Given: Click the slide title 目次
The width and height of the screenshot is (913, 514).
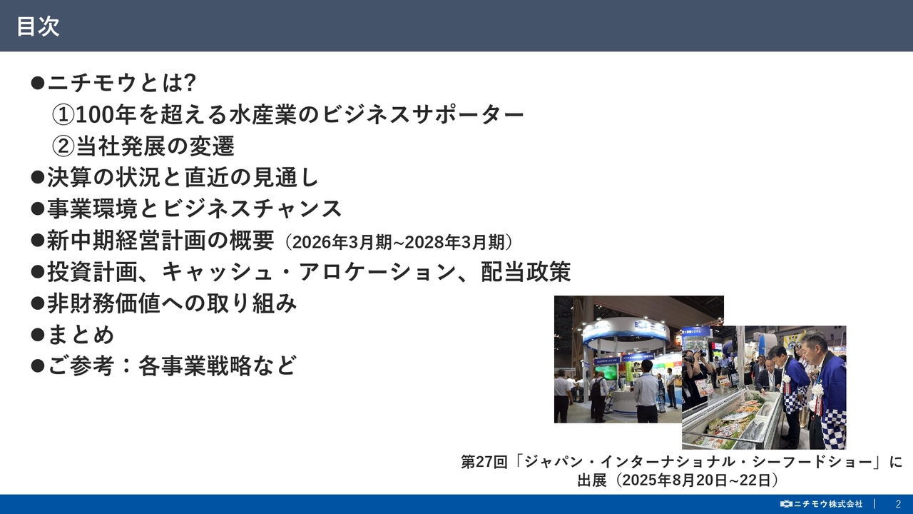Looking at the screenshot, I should point(38,26).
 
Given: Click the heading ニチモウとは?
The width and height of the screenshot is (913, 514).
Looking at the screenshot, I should point(121,83).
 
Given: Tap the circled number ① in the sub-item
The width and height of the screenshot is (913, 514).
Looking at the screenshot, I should point(63,114).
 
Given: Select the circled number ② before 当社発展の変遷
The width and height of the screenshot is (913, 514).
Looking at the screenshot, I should point(63,146).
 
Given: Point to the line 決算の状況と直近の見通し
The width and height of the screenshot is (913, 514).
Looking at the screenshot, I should point(183,177).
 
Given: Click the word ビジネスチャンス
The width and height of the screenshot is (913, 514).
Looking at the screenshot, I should point(253,209).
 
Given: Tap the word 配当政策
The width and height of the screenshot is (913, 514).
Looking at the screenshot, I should point(526,272).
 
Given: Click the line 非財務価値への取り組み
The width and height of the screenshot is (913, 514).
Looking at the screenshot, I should point(172,303).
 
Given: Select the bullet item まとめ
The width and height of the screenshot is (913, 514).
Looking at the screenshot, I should point(81,334).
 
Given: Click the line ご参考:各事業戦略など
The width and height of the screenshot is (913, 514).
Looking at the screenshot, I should point(171,366).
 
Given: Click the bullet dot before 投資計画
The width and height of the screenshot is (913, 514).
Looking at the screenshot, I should point(38,272).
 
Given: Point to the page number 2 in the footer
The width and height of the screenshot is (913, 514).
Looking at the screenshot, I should point(898,504).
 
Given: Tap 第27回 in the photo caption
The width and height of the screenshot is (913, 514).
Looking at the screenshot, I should point(484,462).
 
